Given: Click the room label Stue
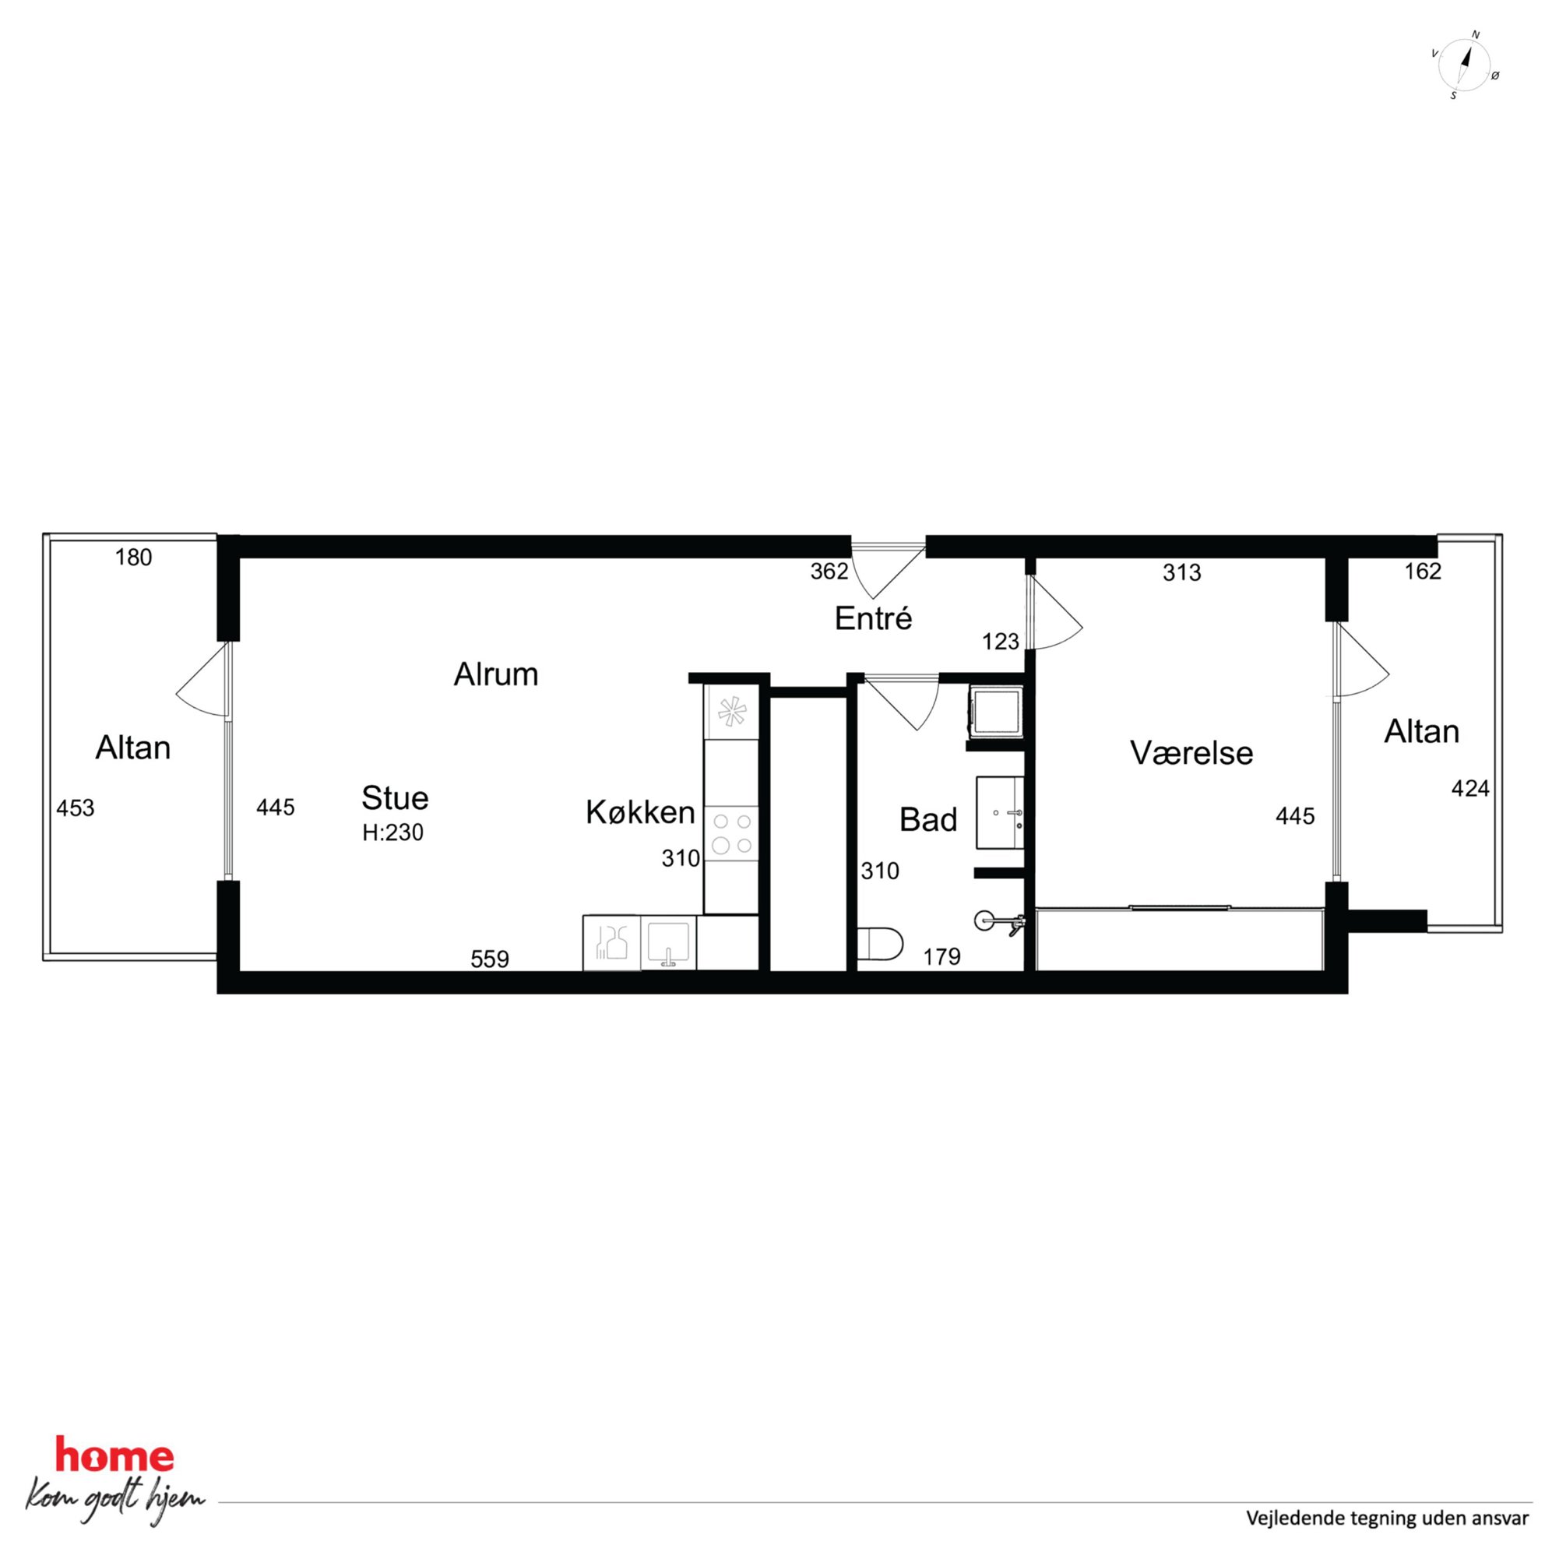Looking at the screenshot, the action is [x=395, y=798].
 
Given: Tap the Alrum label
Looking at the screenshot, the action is [x=496, y=675].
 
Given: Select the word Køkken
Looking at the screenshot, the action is [x=641, y=812].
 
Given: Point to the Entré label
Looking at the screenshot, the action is [x=873, y=618].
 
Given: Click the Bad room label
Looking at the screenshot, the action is [x=928, y=820].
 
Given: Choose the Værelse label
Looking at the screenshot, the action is [x=1191, y=752].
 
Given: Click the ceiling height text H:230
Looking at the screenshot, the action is [x=392, y=832].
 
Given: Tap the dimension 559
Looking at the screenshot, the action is [x=489, y=959].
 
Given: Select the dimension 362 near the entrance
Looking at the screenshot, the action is [x=829, y=571].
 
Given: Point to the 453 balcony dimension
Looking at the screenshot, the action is [x=76, y=808].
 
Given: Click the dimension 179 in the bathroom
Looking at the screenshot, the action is [x=942, y=956].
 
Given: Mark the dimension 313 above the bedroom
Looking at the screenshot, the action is [x=1182, y=572].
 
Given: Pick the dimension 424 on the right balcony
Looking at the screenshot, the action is [x=1470, y=789].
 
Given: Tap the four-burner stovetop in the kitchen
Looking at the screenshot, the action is [x=732, y=832].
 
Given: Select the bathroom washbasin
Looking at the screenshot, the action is [x=1000, y=812].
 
